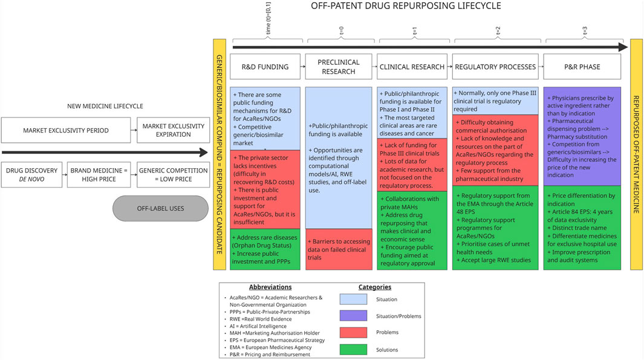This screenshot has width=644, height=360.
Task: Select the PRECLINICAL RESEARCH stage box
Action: click(339, 67)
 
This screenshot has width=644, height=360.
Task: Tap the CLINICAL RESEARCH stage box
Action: click(412, 67)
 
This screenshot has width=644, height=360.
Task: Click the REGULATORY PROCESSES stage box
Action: click(495, 67)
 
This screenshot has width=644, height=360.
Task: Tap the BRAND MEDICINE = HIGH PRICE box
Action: click(98, 175)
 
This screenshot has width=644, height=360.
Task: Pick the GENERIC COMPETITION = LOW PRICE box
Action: click(172, 175)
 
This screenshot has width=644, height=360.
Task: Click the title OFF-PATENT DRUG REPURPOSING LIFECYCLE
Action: click(406, 7)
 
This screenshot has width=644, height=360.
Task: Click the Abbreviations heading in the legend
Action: click(270, 287)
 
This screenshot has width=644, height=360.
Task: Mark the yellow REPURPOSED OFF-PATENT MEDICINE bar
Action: click(636, 154)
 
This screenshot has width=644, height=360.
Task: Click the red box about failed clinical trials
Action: click(339, 249)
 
